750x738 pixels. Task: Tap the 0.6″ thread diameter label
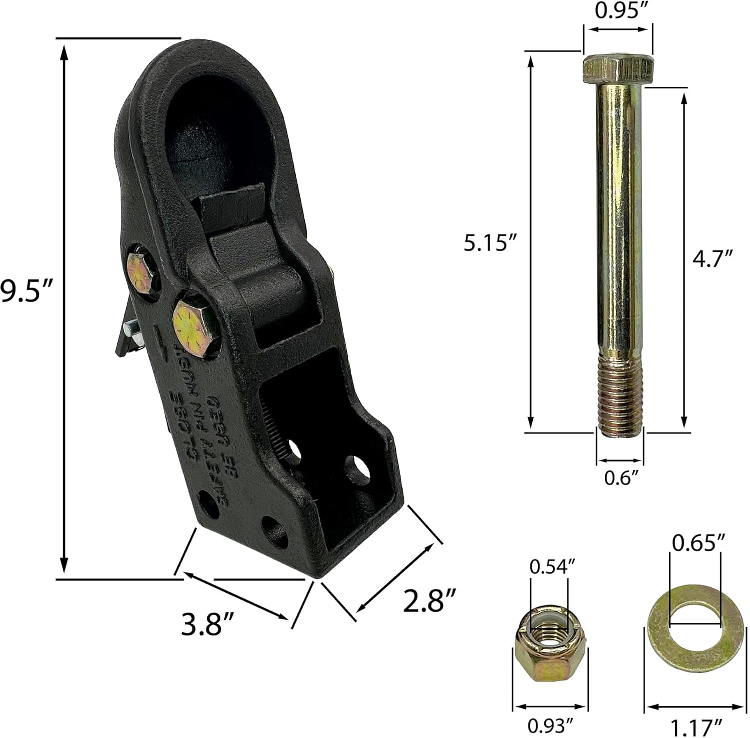[x=620, y=478]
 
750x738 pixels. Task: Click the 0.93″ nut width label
[x=549, y=723]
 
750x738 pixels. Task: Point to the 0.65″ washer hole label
[x=695, y=543]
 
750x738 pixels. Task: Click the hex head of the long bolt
[x=618, y=69]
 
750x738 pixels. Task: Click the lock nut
[x=548, y=649]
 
